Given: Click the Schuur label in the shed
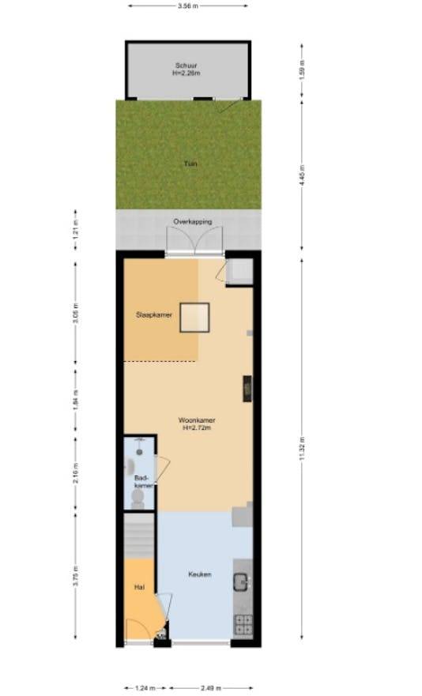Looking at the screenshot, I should pyautogui.click(x=188, y=66).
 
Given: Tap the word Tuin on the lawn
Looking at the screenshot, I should pyautogui.click(x=190, y=164).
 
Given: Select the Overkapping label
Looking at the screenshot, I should pyautogui.click(x=193, y=222).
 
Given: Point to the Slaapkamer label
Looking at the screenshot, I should pyautogui.click(x=153, y=314).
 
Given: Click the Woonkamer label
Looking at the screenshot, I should pyautogui.click(x=197, y=420).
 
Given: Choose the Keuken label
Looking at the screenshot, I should pyautogui.click(x=199, y=574).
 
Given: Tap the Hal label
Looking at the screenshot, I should pyautogui.click(x=139, y=587).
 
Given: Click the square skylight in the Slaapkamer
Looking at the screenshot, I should pyautogui.click(x=194, y=318).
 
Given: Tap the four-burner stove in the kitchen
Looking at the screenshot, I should pyautogui.click(x=243, y=624).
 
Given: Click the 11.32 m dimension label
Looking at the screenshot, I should pyautogui.click(x=302, y=451).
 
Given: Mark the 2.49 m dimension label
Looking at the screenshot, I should pyautogui.click(x=211, y=688).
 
